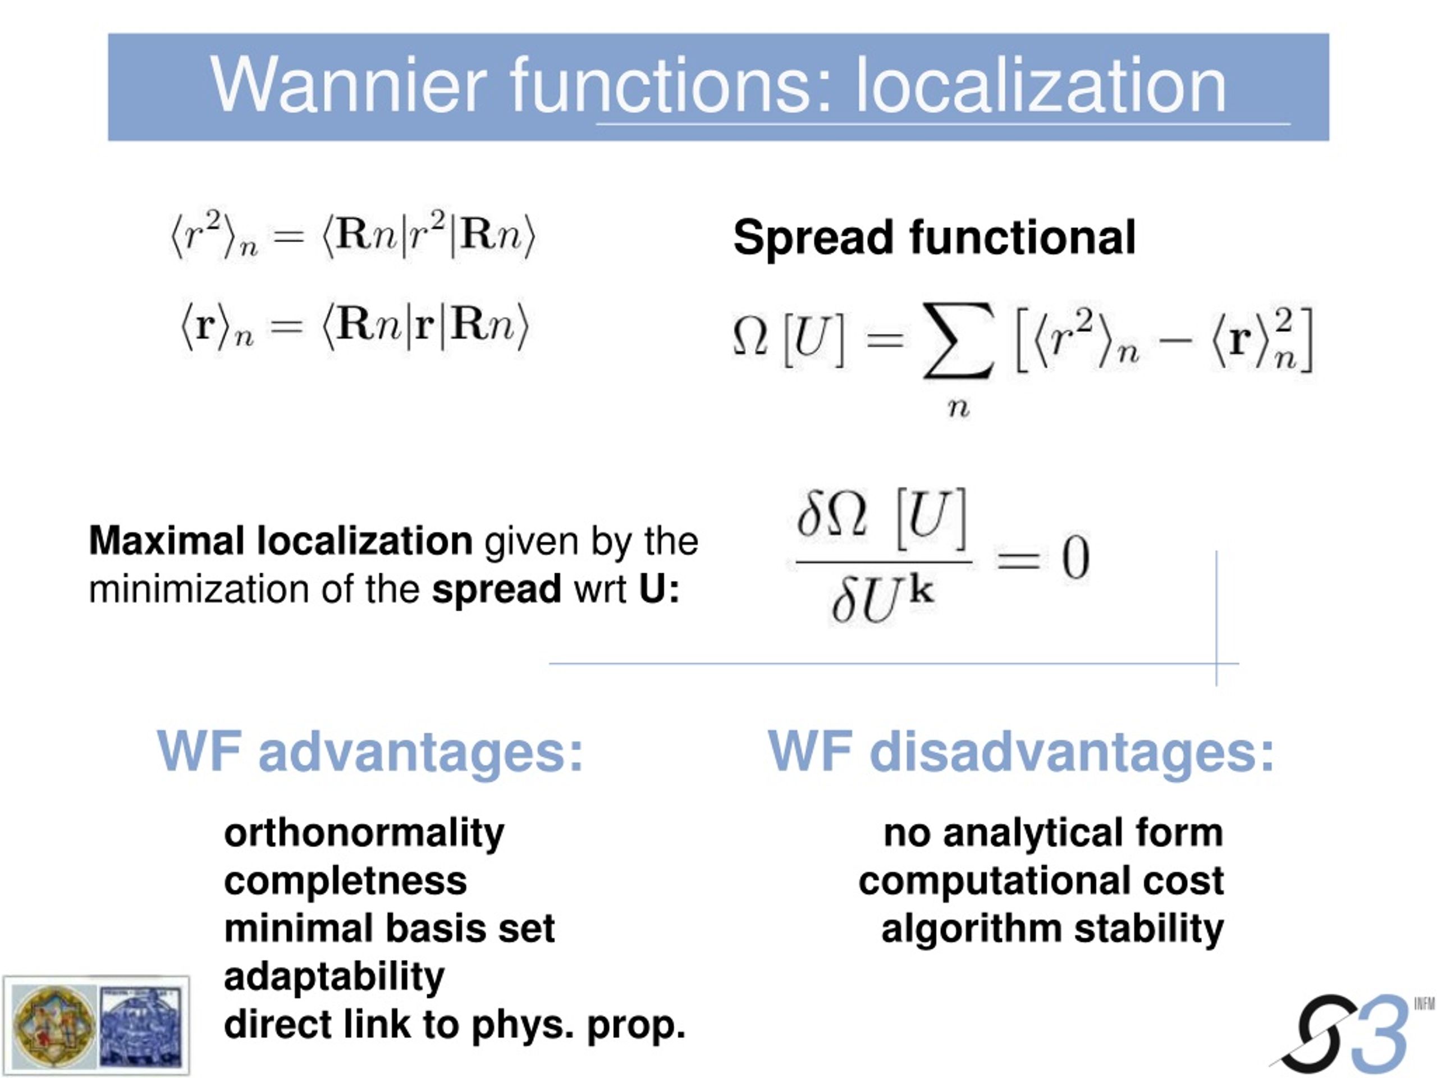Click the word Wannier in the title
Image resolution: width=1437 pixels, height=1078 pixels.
pyautogui.click(x=349, y=85)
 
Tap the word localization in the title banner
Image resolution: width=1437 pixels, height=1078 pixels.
pyautogui.click(x=1041, y=85)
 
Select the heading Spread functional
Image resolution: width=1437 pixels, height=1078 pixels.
pyautogui.click(x=934, y=238)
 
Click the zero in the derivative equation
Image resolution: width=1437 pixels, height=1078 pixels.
pyautogui.click(x=1075, y=558)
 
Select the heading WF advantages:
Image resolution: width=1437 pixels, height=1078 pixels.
pyautogui.click(x=370, y=751)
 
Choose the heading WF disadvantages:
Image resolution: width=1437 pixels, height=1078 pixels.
pyautogui.click(x=1021, y=751)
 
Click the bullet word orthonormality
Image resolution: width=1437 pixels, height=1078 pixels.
pyautogui.click(x=364, y=834)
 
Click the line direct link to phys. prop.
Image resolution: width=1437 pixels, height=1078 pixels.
pyautogui.click(x=455, y=1025)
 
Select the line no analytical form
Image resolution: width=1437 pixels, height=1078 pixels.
pyautogui.click(x=1054, y=833)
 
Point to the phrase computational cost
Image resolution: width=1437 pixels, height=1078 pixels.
pyautogui.click(x=1041, y=881)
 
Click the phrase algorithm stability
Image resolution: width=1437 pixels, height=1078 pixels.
pyautogui.click(x=1052, y=929)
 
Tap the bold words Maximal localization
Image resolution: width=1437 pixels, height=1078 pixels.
pyautogui.click(x=281, y=541)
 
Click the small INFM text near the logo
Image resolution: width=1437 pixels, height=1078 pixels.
pyautogui.click(x=1424, y=1004)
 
